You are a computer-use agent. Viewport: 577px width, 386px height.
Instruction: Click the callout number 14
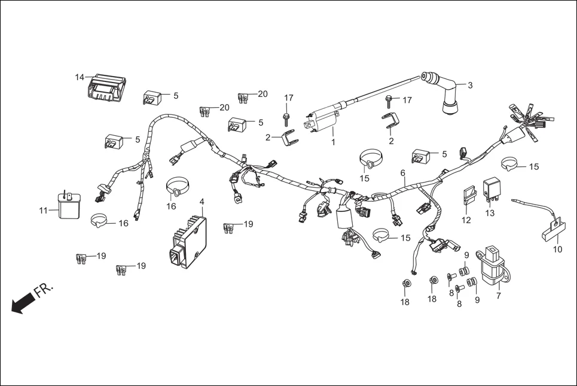click(80, 77)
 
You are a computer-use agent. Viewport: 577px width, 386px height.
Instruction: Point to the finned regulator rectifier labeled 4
click(189, 239)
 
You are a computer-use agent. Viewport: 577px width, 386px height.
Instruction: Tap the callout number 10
click(558, 249)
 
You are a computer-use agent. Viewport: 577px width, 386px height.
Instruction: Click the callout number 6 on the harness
click(403, 172)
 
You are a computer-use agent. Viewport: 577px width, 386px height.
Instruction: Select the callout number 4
click(202, 201)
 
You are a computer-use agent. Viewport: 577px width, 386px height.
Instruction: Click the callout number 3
click(470, 85)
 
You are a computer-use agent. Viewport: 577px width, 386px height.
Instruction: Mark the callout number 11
click(43, 211)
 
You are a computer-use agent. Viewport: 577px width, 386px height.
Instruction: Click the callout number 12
click(466, 220)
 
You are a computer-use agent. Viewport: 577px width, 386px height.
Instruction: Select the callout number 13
click(490, 213)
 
